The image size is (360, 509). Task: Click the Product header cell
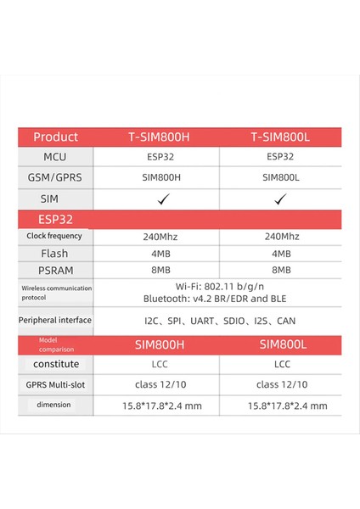point(55,137)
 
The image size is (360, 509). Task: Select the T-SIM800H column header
point(155,137)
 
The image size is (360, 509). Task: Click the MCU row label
point(55,157)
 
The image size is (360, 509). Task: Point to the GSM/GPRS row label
point(55,177)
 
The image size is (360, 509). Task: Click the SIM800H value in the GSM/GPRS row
point(155,177)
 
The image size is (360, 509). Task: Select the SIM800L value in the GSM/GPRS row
point(282,177)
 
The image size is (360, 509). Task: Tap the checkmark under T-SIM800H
point(155,199)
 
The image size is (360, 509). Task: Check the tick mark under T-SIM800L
point(282,199)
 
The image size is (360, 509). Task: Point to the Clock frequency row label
point(53,237)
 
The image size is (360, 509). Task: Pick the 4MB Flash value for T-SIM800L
point(282,254)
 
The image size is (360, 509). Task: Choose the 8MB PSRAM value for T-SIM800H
point(155,271)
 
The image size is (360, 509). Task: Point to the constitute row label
point(55,364)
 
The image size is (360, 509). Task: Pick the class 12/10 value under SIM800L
point(282,384)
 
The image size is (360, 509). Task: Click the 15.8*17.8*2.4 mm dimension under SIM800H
point(155,406)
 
